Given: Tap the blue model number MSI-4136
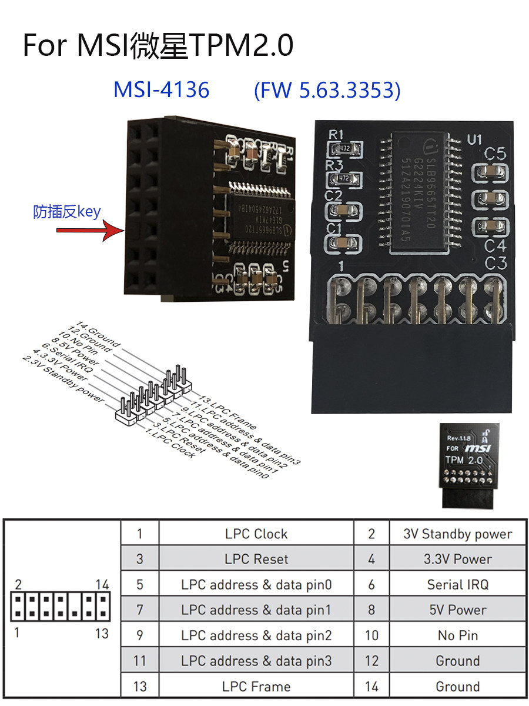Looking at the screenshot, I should tap(161, 89).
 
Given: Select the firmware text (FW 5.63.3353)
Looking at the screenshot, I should tap(327, 90).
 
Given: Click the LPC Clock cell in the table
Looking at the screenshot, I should tap(256, 534).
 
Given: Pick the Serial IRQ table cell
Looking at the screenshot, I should tap(458, 585).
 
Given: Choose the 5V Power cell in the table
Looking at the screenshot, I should tap(458, 610).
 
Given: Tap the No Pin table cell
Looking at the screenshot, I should tap(458, 635).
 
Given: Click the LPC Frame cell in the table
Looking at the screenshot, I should tap(256, 687).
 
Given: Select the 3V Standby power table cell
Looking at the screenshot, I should tap(458, 534).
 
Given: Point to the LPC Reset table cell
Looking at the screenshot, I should tap(256, 560).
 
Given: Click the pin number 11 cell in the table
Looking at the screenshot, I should tap(139, 661).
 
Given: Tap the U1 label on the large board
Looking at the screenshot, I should tap(474, 140).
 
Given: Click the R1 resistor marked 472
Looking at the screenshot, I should tap(344, 149).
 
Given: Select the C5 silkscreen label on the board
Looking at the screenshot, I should tap(495, 154).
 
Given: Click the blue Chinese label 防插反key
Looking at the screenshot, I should tap(67, 212).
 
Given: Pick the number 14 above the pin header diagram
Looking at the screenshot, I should tap(102, 585).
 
